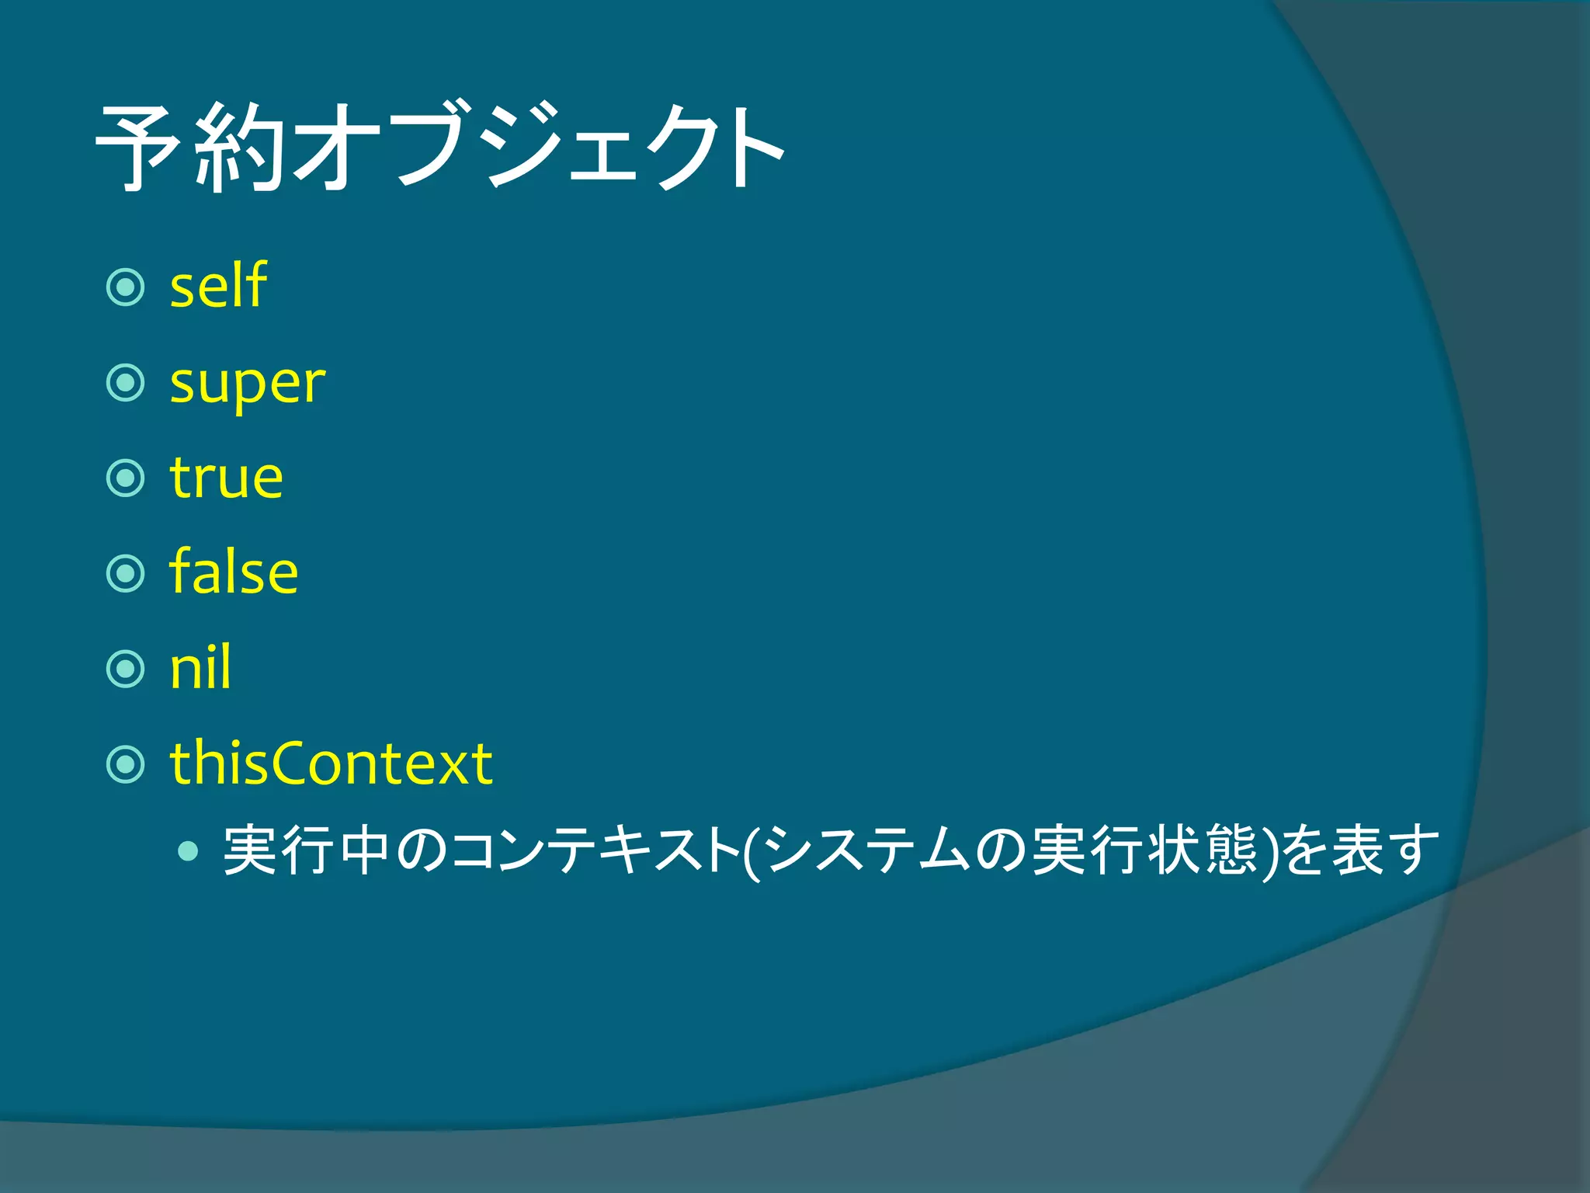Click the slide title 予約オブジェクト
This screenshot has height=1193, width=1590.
pyautogui.click(x=440, y=148)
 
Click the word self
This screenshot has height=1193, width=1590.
pyautogui.click(x=218, y=286)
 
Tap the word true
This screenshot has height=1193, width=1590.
pyautogui.click(x=226, y=478)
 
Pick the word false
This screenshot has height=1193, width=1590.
pyautogui.click(x=233, y=572)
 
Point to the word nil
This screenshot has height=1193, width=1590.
pyautogui.click(x=200, y=668)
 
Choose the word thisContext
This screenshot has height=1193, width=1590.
pyautogui.click(x=331, y=763)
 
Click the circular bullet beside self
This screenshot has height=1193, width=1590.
pyautogui.click(x=125, y=287)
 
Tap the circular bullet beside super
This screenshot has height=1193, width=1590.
pyautogui.click(x=125, y=383)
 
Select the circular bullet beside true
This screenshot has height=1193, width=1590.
pyautogui.click(x=125, y=478)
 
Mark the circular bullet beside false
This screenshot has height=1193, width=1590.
pyautogui.click(x=125, y=573)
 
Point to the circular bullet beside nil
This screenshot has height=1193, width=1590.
pyautogui.click(x=125, y=669)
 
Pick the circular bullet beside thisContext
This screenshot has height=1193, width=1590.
pyautogui.click(x=125, y=764)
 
